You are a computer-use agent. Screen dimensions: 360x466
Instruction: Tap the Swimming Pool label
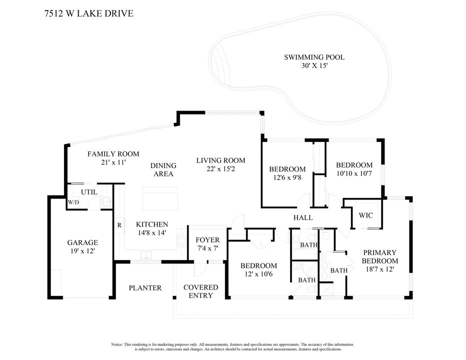(314, 57)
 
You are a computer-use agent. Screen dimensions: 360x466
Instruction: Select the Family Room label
(113, 154)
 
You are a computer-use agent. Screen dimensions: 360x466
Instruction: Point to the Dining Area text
(163, 170)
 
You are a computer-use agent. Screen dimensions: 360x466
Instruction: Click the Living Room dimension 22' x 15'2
(220, 169)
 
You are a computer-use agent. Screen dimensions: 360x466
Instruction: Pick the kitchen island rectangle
(160, 199)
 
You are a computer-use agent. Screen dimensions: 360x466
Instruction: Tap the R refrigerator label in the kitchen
(119, 225)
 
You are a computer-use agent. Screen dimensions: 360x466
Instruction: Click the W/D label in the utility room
(73, 202)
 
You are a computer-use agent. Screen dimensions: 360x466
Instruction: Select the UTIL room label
(89, 191)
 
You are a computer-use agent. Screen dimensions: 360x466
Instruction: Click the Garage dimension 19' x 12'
(82, 251)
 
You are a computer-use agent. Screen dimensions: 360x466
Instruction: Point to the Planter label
(145, 288)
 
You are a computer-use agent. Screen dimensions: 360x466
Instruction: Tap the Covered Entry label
(200, 291)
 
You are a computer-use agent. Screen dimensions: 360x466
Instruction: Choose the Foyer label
(207, 240)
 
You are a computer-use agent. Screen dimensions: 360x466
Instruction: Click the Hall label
(303, 217)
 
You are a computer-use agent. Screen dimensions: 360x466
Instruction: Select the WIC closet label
(365, 215)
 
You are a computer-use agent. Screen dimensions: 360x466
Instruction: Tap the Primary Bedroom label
(380, 256)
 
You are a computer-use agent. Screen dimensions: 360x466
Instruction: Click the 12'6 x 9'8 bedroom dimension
(287, 177)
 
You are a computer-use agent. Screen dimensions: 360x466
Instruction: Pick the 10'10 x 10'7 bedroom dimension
(354, 173)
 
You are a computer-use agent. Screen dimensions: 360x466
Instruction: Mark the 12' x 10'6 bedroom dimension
(258, 274)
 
